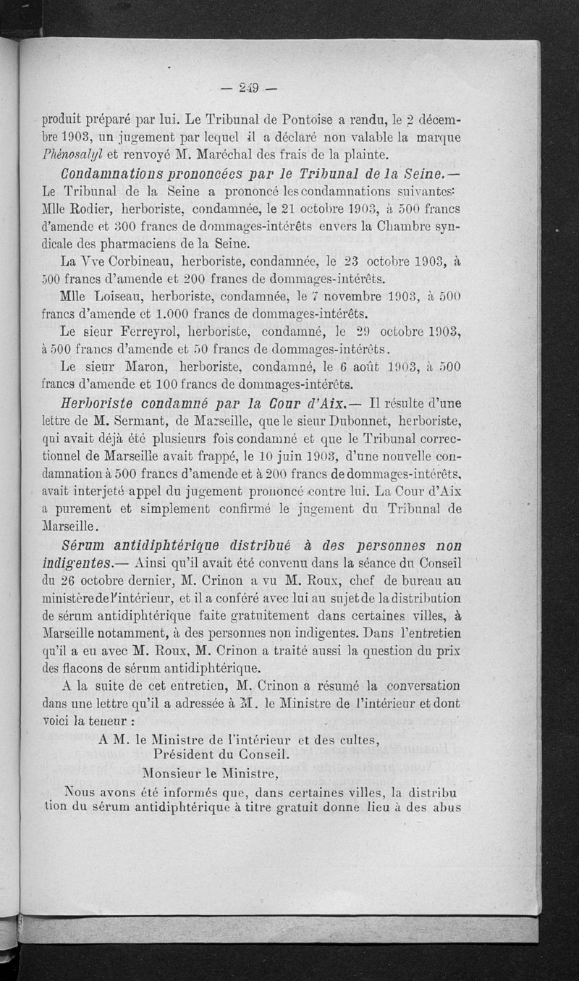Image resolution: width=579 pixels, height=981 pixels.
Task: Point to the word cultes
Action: click(x=354, y=739)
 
